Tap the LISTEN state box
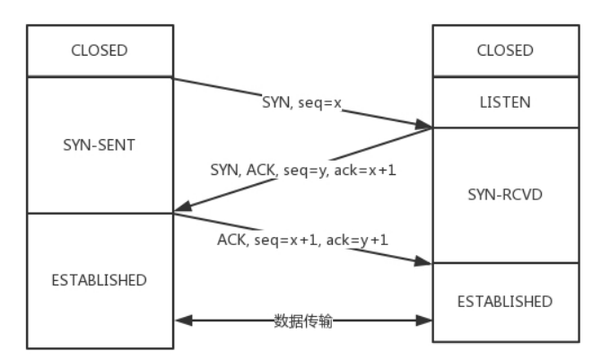(504, 103)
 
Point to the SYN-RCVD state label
(504, 193)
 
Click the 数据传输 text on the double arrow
(303, 320)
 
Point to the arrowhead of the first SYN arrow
(427, 127)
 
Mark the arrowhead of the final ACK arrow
(427, 262)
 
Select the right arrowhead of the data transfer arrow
(427, 320)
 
